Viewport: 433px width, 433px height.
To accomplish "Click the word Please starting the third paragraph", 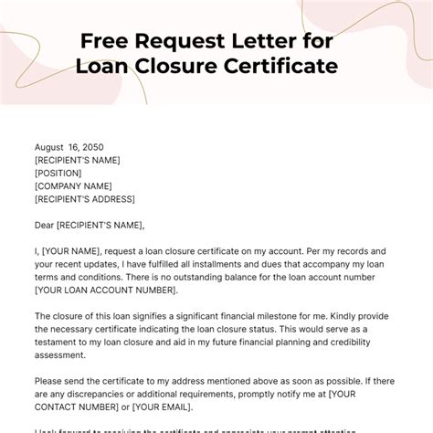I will point(53,381).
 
